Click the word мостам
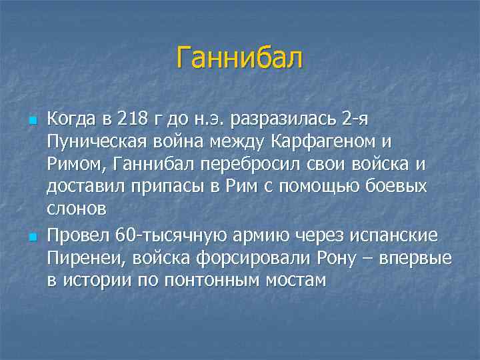(296, 279)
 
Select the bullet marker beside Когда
(31, 121)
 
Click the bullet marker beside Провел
(31, 235)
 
